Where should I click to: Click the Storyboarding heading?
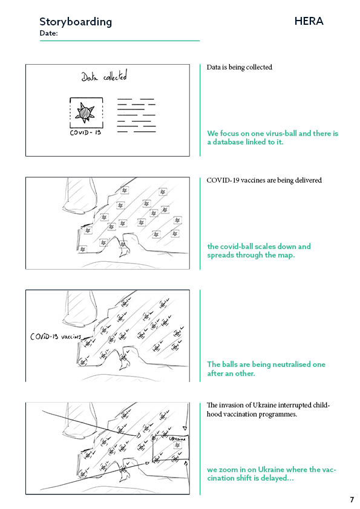tap(76, 22)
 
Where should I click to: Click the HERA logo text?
tap(309, 21)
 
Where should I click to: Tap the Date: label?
tap(49, 33)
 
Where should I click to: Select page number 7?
tap(352, 499)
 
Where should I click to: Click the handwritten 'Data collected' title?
tap(104, 76)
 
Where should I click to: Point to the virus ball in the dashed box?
tap(85, 112)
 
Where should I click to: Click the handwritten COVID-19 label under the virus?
tap(85, 132)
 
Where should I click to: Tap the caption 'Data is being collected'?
tap(240, 67)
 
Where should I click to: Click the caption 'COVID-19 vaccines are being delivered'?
tap(264, 180)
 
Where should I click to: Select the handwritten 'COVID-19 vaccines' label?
tap(56, 336)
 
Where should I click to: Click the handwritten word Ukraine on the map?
tap(177, 439)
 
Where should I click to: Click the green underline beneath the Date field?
tap(120, 41)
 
